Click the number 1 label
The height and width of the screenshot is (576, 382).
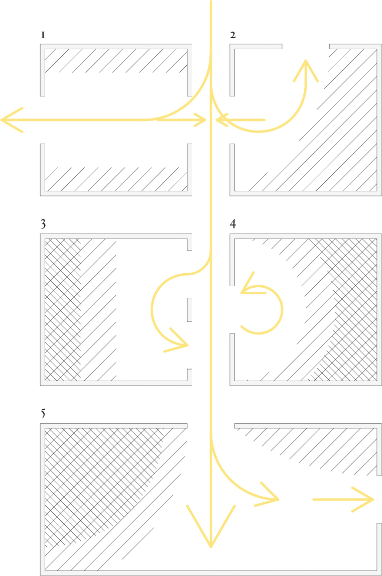[43, 35]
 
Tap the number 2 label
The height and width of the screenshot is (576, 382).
[233, 35]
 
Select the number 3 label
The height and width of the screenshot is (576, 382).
[43, 224]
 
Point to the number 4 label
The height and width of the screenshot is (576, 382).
[233, 223]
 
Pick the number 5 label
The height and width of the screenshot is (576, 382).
[43, 413]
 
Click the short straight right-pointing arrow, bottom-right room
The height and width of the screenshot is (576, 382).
[343, 500]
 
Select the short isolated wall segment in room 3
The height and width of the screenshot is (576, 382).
[190, 310]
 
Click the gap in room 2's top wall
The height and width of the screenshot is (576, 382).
[306, 47]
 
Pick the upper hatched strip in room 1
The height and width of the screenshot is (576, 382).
[116, 61]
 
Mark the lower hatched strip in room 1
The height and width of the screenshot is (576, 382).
[116, 179]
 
